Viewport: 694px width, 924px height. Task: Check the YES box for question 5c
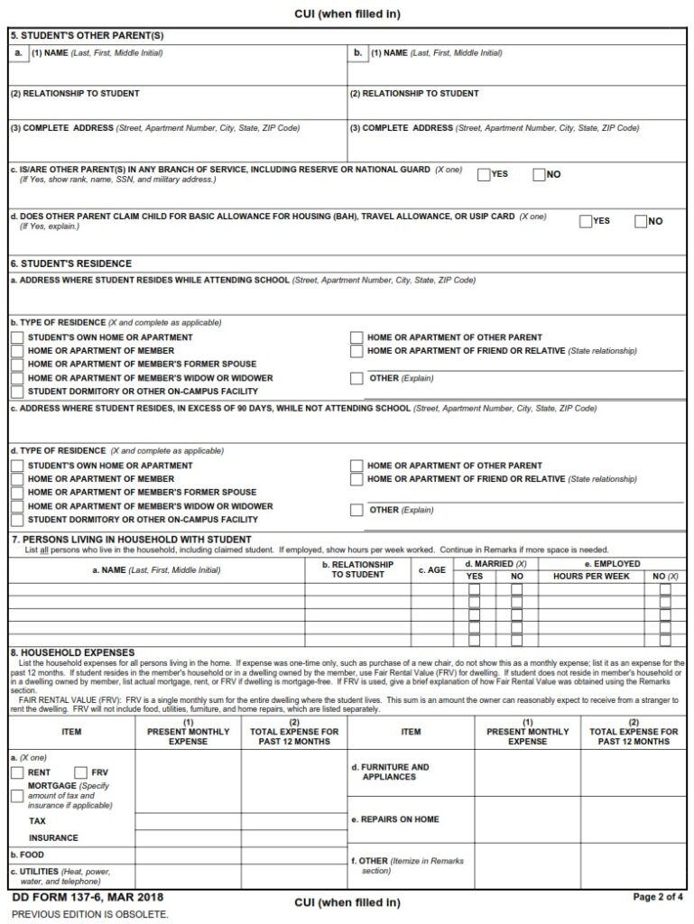pyautogui.click(x=484, y=174)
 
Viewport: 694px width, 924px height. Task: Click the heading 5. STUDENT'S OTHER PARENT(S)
pyautogui.click(x=74, y=36)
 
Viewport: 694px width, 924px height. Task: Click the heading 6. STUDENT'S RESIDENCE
pyautogui.click(x=70, y=263)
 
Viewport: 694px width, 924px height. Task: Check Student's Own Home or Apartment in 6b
pyautogui.click(x=17, y=337)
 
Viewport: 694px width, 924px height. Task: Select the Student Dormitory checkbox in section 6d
pyautogui.click(x=17, y=520)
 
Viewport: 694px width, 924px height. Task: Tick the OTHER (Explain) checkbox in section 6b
pyautogui.click(x=356, y=378)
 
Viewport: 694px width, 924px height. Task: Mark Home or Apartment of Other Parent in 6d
pyautogui.click(x=356, y=466)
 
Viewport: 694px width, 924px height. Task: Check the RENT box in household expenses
pyautogui.click(x=17, y=772)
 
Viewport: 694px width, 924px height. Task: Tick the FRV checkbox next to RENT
pyautogui.click(x=80, y=772)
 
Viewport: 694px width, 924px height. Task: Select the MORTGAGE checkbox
pyautogui.click(x=17, y=796)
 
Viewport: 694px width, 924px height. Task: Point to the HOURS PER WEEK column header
pyautogui.click(x=591, y=576)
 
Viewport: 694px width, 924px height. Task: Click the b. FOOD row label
pyautogui.click(x=27, y=854)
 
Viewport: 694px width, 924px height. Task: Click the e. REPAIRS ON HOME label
pyautogui.click(x=394, y=818)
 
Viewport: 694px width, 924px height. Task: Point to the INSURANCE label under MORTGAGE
pyautogui.click(x=53, y=837)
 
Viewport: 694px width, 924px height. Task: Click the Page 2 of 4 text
pyautogui.click(x=658, y=897)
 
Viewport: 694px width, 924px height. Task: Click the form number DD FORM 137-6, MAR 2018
pyautogui.click(x=88, y=898)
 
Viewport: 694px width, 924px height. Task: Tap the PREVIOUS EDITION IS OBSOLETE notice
pyautogui.click(x=89, y=913)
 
